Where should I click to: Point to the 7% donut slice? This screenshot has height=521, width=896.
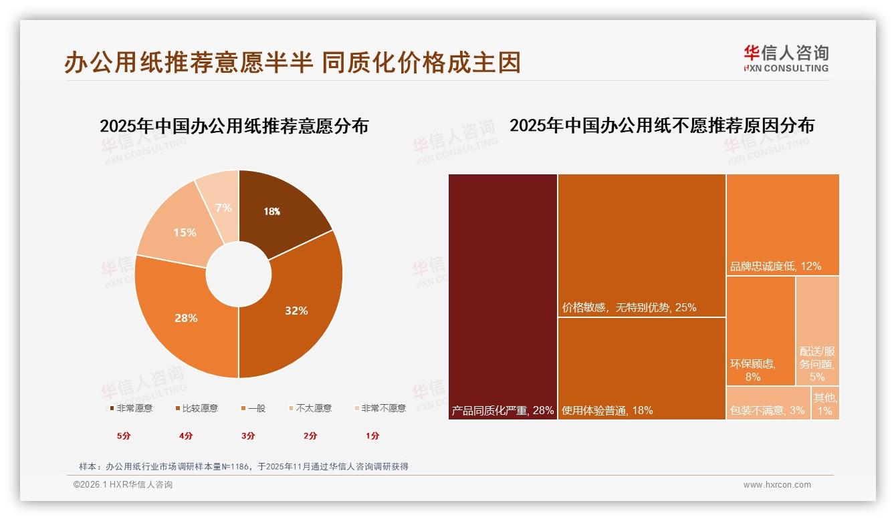pos(223,208)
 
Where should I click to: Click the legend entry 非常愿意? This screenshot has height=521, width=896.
pos(130,408)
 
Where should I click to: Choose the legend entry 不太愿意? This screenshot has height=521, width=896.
pos(310,408)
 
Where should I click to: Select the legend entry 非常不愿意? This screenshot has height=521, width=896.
pos(379,408)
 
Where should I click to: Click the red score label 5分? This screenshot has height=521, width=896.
pos(124,436)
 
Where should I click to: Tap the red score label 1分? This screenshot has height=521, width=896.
pos(372,436)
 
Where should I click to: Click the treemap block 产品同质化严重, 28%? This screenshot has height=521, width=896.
pos(503,297)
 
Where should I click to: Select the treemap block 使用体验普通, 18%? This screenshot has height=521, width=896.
pos(641,368)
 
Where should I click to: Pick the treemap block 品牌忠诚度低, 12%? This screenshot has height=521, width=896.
pos(782,224)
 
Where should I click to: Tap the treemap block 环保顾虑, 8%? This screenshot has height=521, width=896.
pos(760,331)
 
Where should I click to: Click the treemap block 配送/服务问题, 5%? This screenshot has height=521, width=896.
pos(817,331)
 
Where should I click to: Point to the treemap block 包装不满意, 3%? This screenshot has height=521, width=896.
pos(768,403)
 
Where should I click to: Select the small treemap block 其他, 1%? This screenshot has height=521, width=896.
pos(825,403)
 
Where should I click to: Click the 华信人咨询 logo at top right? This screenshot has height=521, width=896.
pos(786,58)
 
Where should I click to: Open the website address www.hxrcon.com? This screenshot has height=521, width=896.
pos(777,485)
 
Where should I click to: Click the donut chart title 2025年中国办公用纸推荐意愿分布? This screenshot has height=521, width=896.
pos(234,126)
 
